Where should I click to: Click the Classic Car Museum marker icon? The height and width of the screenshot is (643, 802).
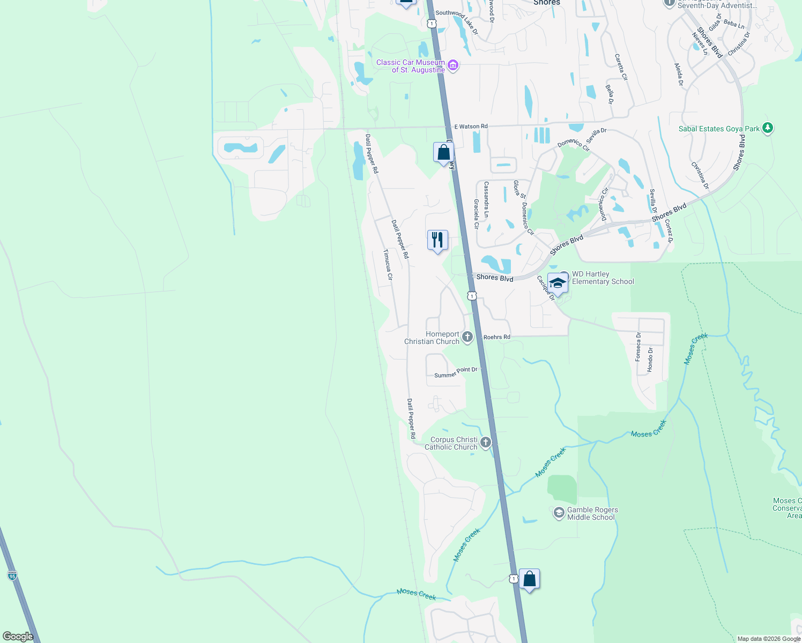click(453, 65)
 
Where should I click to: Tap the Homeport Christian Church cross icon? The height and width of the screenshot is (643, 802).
click(467, 337)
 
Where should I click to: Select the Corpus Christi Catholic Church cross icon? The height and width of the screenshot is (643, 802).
click(486, 443)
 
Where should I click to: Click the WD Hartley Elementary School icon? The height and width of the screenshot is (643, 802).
click(558, 283)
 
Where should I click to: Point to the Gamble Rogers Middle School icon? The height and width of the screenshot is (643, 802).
click(559, 513)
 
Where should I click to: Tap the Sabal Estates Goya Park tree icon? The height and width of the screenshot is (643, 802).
click(768, 128)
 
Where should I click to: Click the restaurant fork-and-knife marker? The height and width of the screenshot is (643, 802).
click(437, 240)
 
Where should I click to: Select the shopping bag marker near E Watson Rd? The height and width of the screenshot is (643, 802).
click(443, 152)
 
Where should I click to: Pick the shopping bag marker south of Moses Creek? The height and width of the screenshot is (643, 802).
click(529, 579)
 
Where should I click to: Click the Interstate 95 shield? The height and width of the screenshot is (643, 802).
click(12, 575)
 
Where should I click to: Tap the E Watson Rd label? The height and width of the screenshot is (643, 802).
click(471, 126)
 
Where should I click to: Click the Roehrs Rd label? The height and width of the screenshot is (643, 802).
click(496, 337)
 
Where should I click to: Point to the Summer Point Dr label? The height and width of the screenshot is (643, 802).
click(455, 372)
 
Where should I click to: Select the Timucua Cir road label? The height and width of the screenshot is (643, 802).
click(388, 265)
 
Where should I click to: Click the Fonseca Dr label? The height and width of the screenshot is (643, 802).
click(638, 347)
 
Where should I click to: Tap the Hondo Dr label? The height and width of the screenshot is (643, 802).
click(650, 360)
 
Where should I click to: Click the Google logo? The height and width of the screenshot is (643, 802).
click(18, 636)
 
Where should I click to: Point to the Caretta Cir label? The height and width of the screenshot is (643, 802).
click(621, 66)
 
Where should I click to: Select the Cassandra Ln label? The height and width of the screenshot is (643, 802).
click(486, 199)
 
